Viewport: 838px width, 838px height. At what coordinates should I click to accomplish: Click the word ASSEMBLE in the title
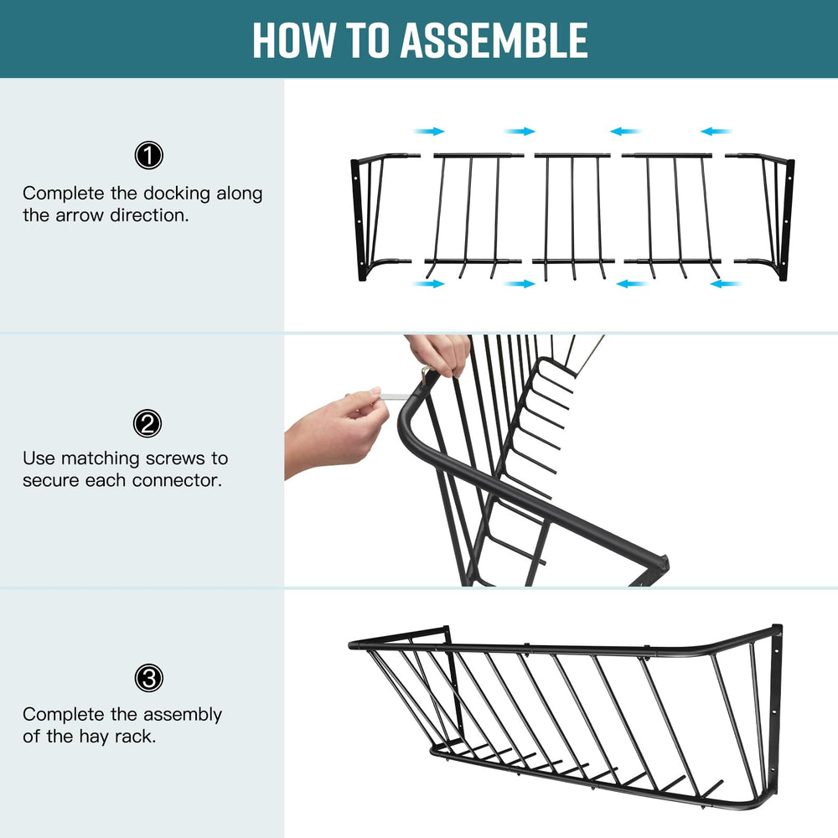coord(494,40)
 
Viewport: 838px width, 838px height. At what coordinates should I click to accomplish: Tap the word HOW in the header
coord(293,40)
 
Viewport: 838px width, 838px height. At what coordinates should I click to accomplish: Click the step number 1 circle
coord(148,156)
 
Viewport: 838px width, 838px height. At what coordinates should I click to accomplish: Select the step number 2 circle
coord(147,424)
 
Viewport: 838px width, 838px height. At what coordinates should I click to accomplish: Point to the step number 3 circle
coord(148,678)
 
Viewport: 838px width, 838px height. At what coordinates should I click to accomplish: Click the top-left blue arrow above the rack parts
coord(428,131)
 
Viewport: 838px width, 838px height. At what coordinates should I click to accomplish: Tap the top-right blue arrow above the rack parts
coord(716,131)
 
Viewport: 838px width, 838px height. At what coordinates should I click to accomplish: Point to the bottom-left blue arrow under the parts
coord(428,284)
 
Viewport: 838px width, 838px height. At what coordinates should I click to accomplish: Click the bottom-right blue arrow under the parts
coord(726,284)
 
